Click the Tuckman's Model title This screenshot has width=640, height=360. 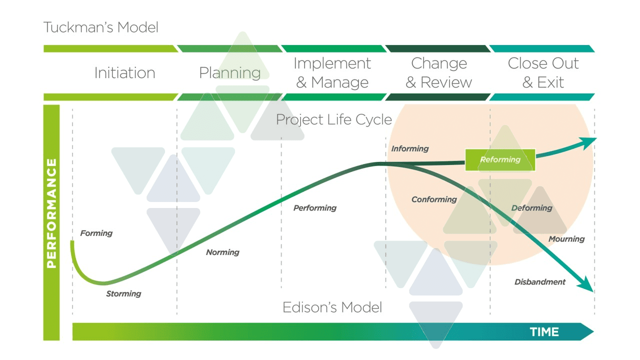101,27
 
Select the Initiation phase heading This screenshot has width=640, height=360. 124,73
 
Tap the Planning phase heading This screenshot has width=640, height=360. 229,73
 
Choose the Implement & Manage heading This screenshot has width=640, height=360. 332,73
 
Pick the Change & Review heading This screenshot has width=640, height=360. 438,73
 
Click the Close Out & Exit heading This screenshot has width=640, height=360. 543,73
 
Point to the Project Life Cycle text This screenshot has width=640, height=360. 333,120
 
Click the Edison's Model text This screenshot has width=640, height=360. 332,307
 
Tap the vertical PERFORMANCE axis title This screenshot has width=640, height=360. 51,213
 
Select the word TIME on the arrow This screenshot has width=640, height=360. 544,332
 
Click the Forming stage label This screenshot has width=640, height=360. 96,233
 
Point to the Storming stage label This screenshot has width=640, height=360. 123,293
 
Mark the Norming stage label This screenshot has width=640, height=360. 222,252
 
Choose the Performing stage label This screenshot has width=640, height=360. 315,208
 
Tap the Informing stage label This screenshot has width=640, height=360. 410,148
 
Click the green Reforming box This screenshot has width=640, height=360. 500,160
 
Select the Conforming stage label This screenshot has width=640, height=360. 434,199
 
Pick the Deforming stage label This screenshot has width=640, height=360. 531,208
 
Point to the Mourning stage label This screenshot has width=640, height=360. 566,239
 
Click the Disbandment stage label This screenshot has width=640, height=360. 540,282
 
